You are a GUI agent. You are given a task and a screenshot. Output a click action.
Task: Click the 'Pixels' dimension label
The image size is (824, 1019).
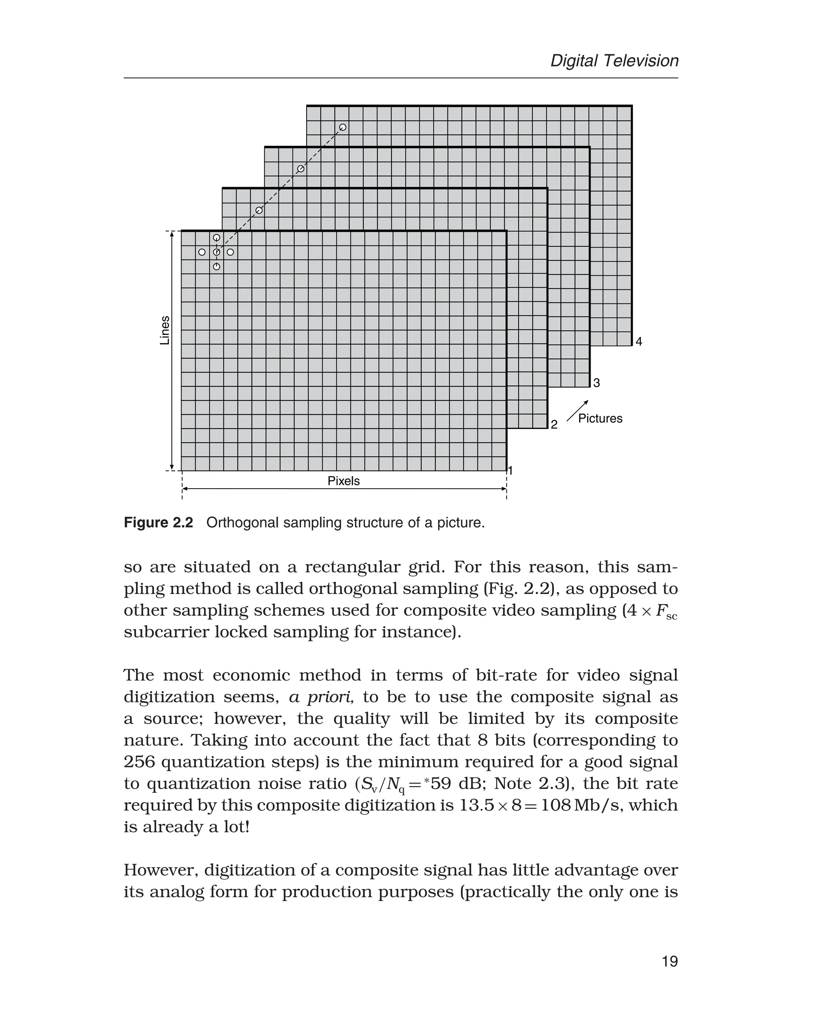pyautogui.click(x=343, y=481)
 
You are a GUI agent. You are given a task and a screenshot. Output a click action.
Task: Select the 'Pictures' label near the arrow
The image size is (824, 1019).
pyautogui.click(x=599, y=418)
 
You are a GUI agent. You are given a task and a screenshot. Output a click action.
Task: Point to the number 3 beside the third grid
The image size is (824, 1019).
pyautogui.click(x=597, y=383)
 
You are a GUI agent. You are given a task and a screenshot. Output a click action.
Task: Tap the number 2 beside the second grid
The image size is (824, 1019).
pyautogui.click(x=554, y=425)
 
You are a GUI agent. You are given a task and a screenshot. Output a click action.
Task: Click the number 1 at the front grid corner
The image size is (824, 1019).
pyautogui.click(x=511, y=470)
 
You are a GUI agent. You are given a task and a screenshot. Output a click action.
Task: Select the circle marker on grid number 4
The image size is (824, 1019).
pyautogui.click(x=343, y=127)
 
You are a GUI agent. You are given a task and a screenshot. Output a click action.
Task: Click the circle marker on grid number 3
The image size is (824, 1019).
pyautogui.click(x=301, y=169)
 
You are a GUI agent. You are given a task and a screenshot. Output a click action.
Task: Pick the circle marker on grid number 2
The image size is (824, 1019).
pyautogui.click(x=259, y=210)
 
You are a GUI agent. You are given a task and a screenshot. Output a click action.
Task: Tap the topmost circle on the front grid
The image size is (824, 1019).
pyautogui.click(x=216, y=237)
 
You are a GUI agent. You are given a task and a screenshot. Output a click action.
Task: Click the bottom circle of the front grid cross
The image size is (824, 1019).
pyautogui.click(x=216, y=267)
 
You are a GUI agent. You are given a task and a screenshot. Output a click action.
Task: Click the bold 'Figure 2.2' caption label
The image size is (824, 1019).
pyautogui.click(x=158, y=523)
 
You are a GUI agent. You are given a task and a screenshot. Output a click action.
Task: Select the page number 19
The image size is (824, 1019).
pyautogui.click(x=669, y=961)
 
